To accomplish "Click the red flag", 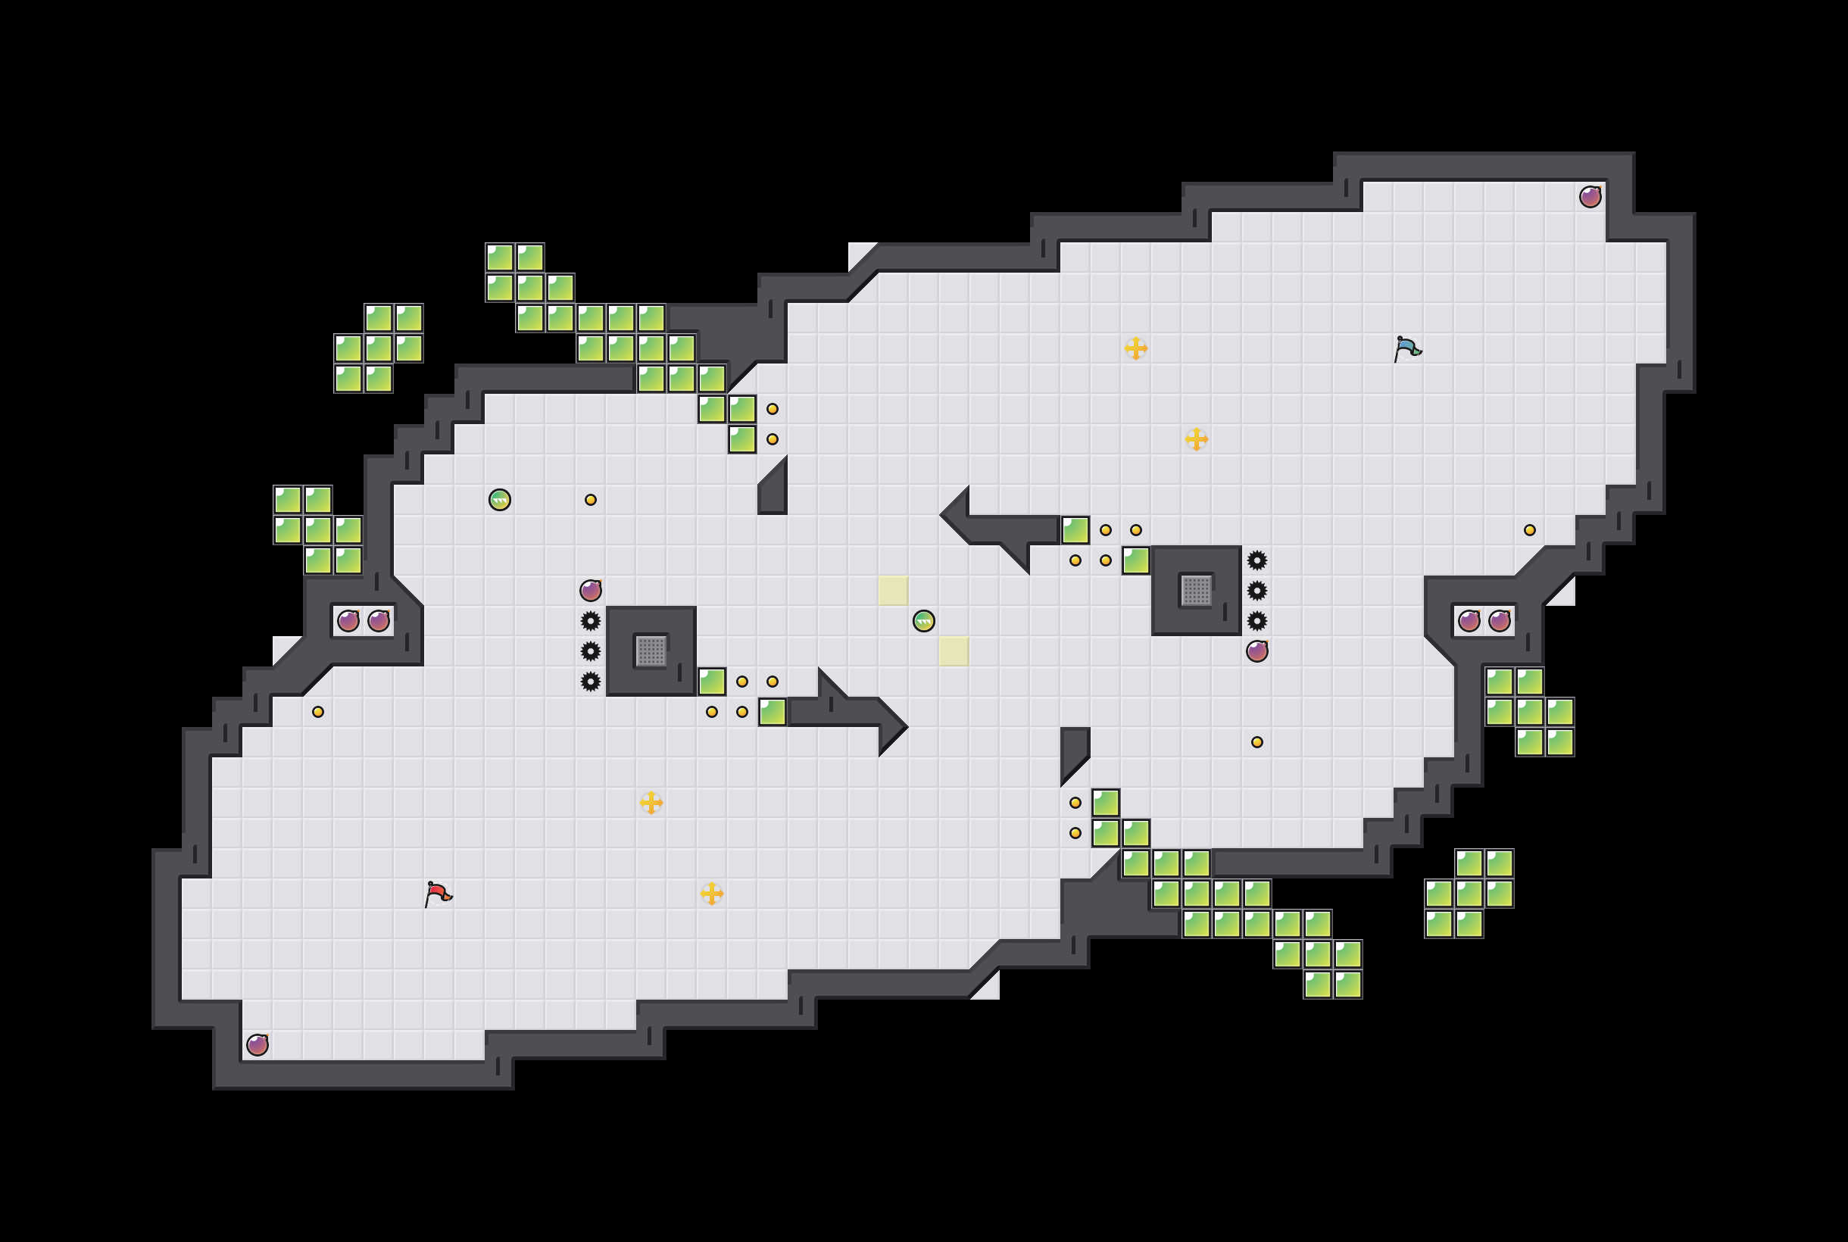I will pos(438,894).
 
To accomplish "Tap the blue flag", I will pos(1406,348).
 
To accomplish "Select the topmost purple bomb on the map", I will pos(1590,196).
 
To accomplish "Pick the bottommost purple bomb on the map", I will pos(258,1045).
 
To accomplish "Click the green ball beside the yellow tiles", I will pos(923,621).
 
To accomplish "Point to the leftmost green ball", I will pos(499,500).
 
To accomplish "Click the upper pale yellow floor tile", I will pos(893,591).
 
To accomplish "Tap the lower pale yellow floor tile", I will pos(954,651).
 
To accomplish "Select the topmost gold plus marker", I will pos(1135,348).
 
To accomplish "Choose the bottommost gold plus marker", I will pos(711,894).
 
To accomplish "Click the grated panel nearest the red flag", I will pos(651,651).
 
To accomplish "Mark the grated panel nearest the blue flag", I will pos(1196,591).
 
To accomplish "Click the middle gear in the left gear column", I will pos(590,651).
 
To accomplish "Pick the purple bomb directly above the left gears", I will pos(590,590).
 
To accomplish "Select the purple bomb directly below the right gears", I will pos(1257,651).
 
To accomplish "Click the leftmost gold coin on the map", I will pos(317,712).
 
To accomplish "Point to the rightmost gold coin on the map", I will pos(1530,530).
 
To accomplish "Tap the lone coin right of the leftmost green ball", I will pos(590,500).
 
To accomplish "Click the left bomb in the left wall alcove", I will pos(348,621).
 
